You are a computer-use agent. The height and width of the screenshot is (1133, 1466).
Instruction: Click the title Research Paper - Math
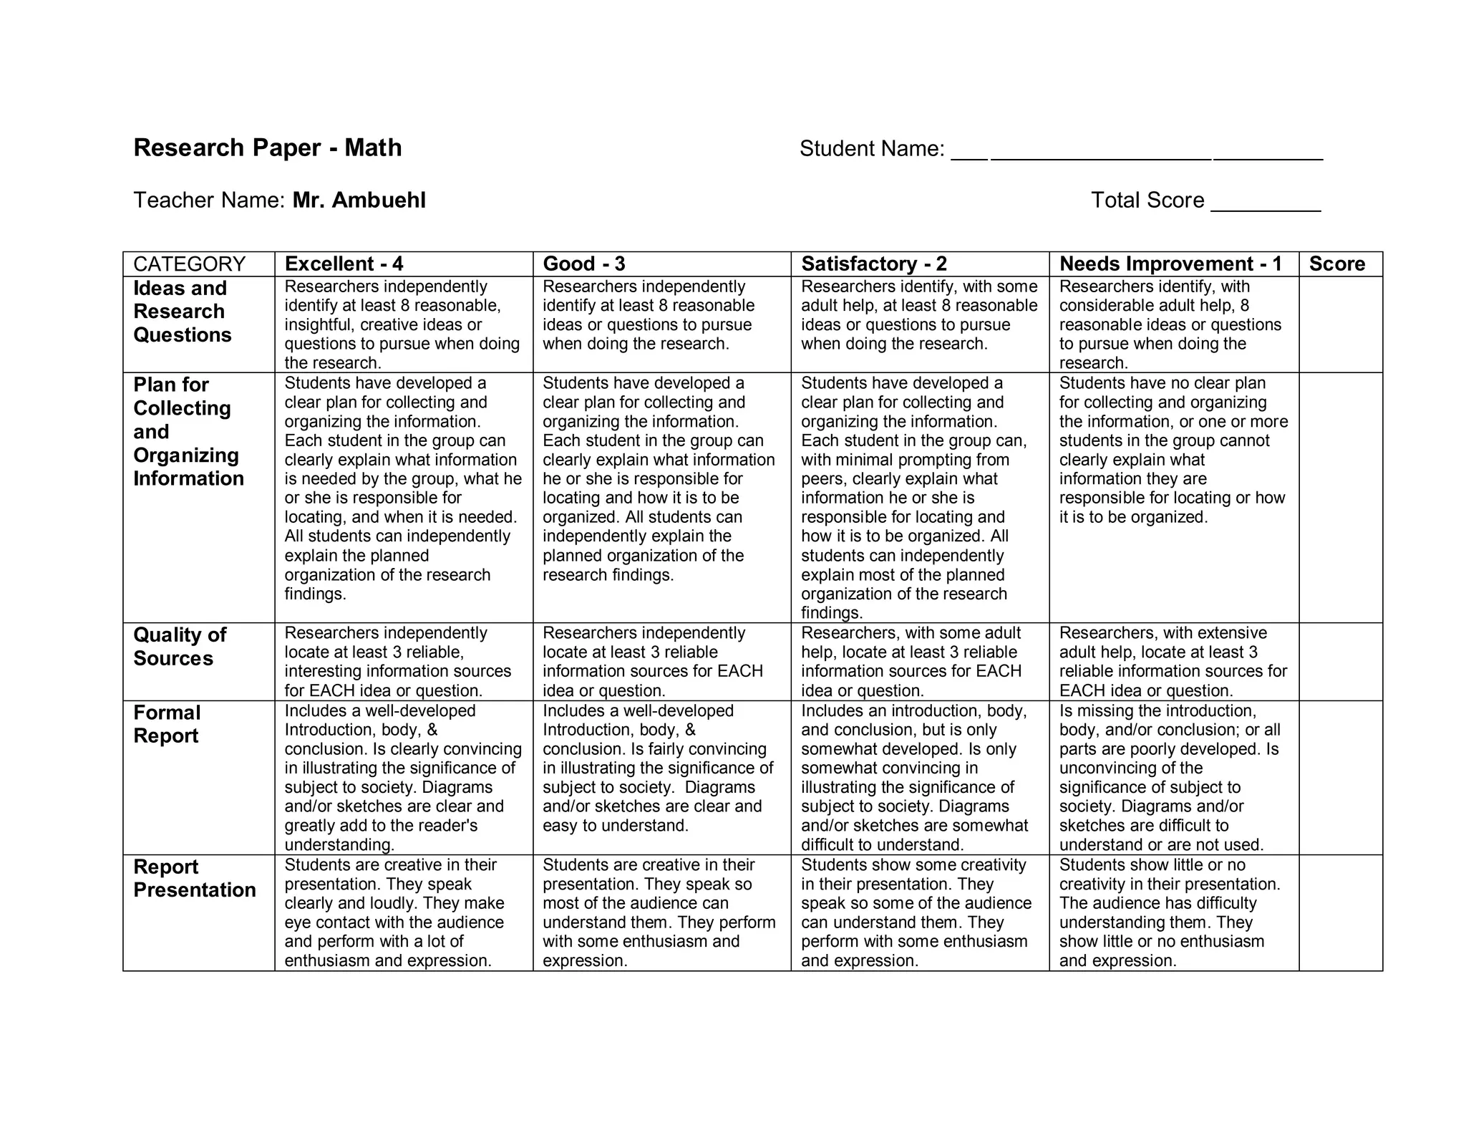(267, 148)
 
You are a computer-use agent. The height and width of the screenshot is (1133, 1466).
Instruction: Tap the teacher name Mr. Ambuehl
(359, 200)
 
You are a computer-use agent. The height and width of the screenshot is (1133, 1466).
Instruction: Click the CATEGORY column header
(190, 264)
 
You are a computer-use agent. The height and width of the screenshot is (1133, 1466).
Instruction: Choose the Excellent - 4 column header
(344, 264)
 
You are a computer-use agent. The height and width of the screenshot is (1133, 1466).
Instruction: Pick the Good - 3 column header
(584, 264)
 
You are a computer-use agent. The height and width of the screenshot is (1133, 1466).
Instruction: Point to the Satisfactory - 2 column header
(873, 264)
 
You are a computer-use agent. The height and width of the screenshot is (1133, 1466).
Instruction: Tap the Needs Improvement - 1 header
(1170, 264)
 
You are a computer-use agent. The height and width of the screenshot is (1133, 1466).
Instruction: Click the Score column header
(1336, 264)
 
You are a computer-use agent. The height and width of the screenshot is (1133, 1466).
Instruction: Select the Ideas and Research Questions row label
(183, 312)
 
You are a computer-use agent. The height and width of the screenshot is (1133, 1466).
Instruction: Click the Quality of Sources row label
(180, 647)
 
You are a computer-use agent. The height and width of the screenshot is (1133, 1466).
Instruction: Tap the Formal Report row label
(167, 724)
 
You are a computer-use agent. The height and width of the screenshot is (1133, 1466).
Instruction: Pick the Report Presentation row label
(194, 878)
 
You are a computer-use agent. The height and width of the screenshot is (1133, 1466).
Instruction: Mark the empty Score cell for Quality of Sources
(1340, 662)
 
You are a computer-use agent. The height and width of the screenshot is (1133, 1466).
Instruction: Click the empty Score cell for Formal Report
(1340, 777)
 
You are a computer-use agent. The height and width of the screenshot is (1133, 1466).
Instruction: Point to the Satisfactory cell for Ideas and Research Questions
(919, 315)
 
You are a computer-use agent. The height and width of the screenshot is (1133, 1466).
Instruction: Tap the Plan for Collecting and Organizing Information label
(188, 431)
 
